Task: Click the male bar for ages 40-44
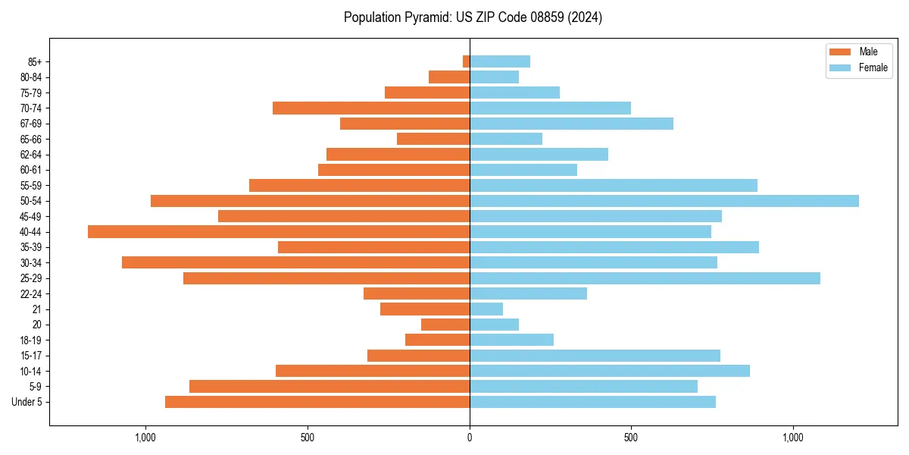tap(279, 232)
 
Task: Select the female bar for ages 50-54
tap(664, 201)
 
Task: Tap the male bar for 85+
tap(466, 61)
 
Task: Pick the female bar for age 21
tap(486, 309)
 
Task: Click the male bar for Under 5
tap(317, 402)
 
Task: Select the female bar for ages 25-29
tap(645, 278)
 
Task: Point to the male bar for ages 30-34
tap(295, 262)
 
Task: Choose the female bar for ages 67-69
tap(571, 124)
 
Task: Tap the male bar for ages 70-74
tap(371, 108)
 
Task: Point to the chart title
tap(473, 17)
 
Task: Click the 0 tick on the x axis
tap(470, 438)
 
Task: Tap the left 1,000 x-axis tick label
tap(145, 438)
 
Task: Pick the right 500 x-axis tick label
tap(631, 438)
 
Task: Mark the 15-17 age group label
tap(31, 356)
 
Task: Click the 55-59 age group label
tap(31, 186)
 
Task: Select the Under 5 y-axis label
tap(27, 402)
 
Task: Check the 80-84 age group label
tap(31, 77)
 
